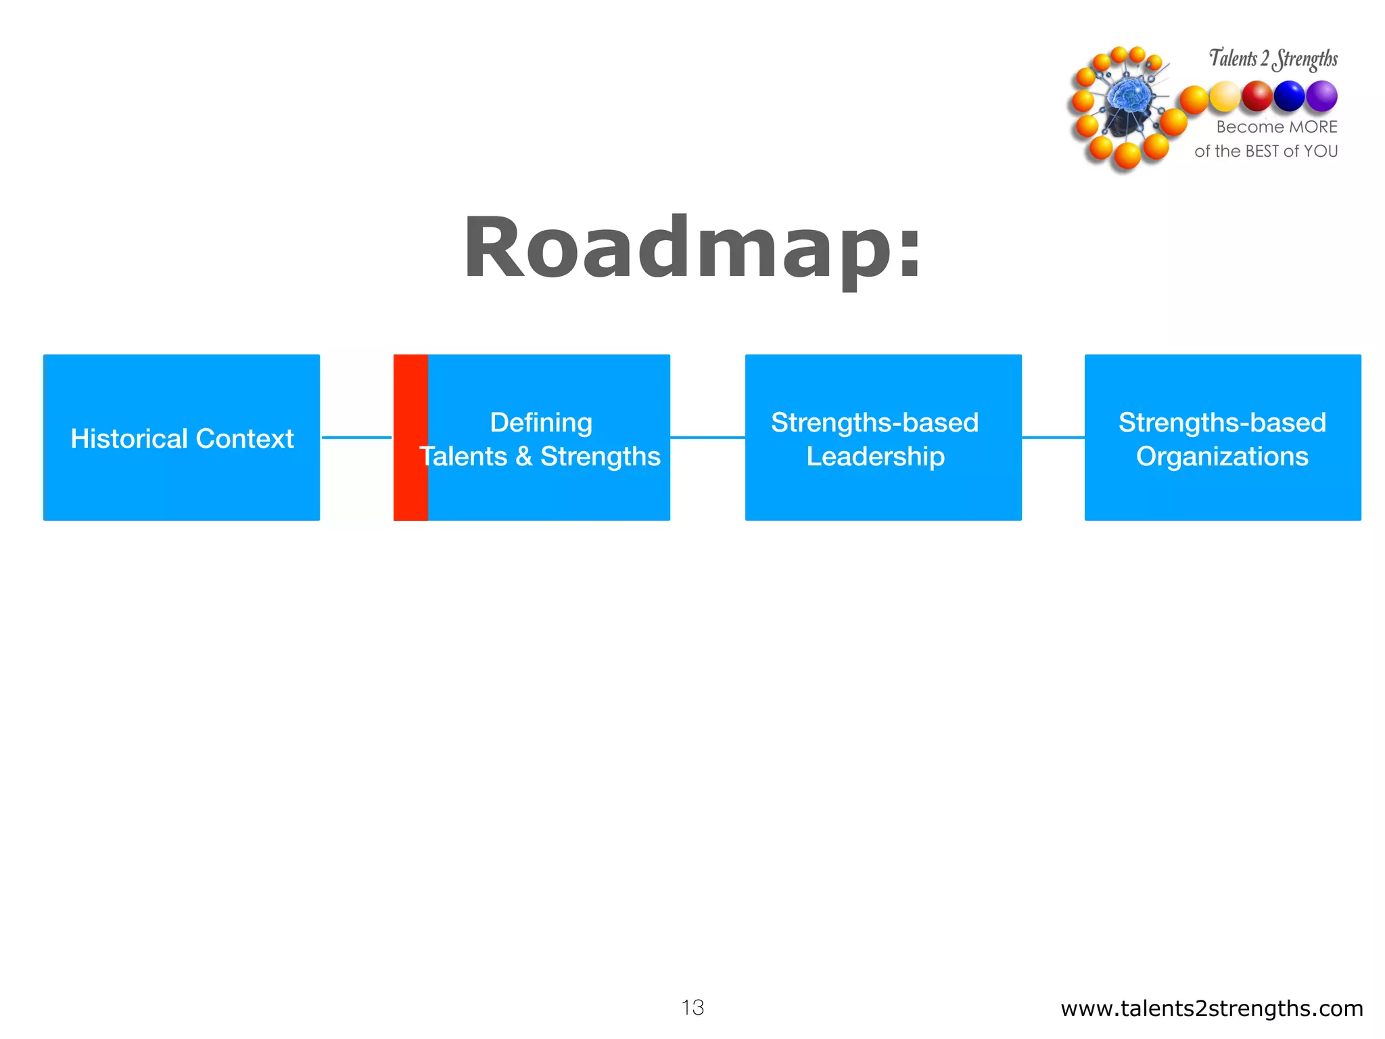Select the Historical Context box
pos(181,438)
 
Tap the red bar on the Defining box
pos(410,438)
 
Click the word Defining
pos(541,422)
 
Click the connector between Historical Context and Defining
pos(356,438)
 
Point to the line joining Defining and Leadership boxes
pos(707,438)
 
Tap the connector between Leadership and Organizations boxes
pos(1053,438)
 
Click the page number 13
pos(692,1007)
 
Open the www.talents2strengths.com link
pos(1211,1008)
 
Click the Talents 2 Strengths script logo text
pos(1273,58)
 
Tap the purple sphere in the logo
pos(1321,96)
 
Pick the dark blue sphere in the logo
pos(1289,96)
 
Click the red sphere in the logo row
pos(1257,96)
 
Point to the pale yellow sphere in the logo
pos(1225,97)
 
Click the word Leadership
pos(876,456)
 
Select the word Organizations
pos(1222,456)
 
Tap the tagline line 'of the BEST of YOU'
pos(1266,151)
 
